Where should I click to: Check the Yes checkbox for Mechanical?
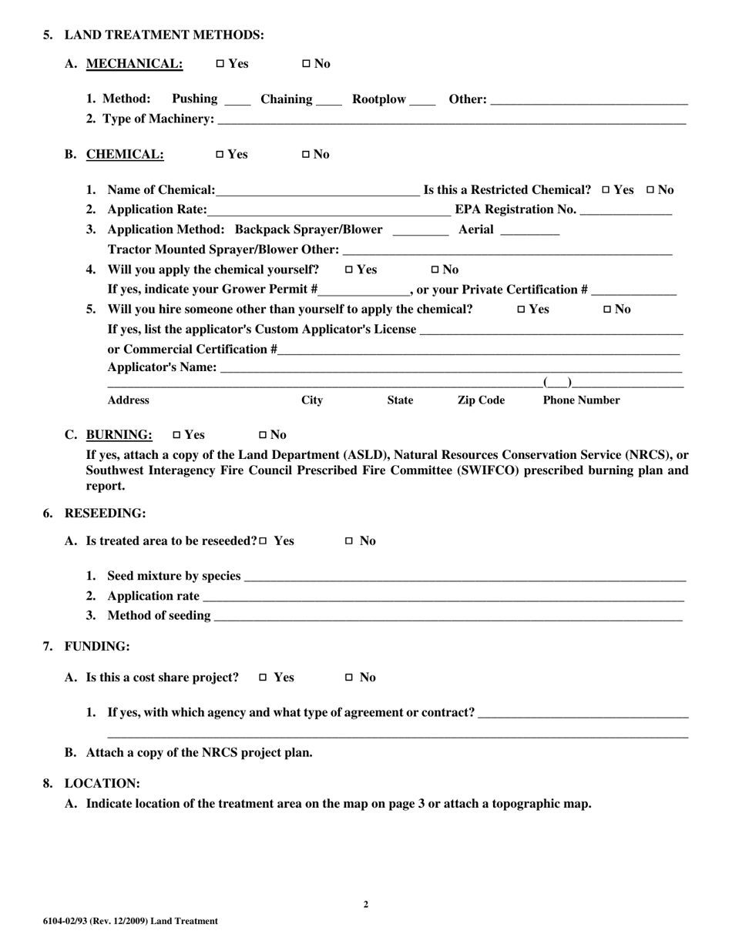point(220,64)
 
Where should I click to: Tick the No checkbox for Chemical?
point(305,155)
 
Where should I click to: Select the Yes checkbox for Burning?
point(177,435)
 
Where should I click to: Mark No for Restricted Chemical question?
point(651,190)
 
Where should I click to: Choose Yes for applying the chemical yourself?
point(350,270)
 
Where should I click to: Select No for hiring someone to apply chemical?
point(607,310)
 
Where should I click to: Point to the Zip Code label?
point(481,400)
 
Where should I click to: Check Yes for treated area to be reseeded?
point(264,541)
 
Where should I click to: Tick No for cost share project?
point(348,678)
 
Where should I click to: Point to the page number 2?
point(365,905)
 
